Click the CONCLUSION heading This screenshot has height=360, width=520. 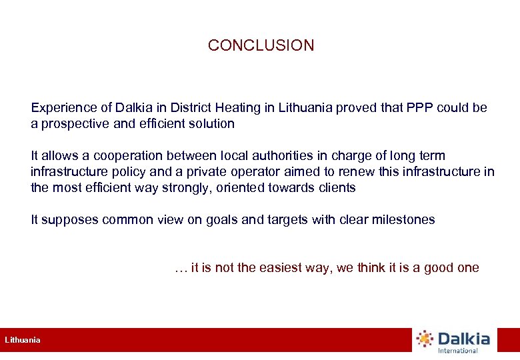click(261, 45)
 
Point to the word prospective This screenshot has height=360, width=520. click(74, 123)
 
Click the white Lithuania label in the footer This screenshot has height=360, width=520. click(23, 340)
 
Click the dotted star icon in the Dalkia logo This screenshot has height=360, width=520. click(425, 339)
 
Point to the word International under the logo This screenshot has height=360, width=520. click(457, 351)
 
